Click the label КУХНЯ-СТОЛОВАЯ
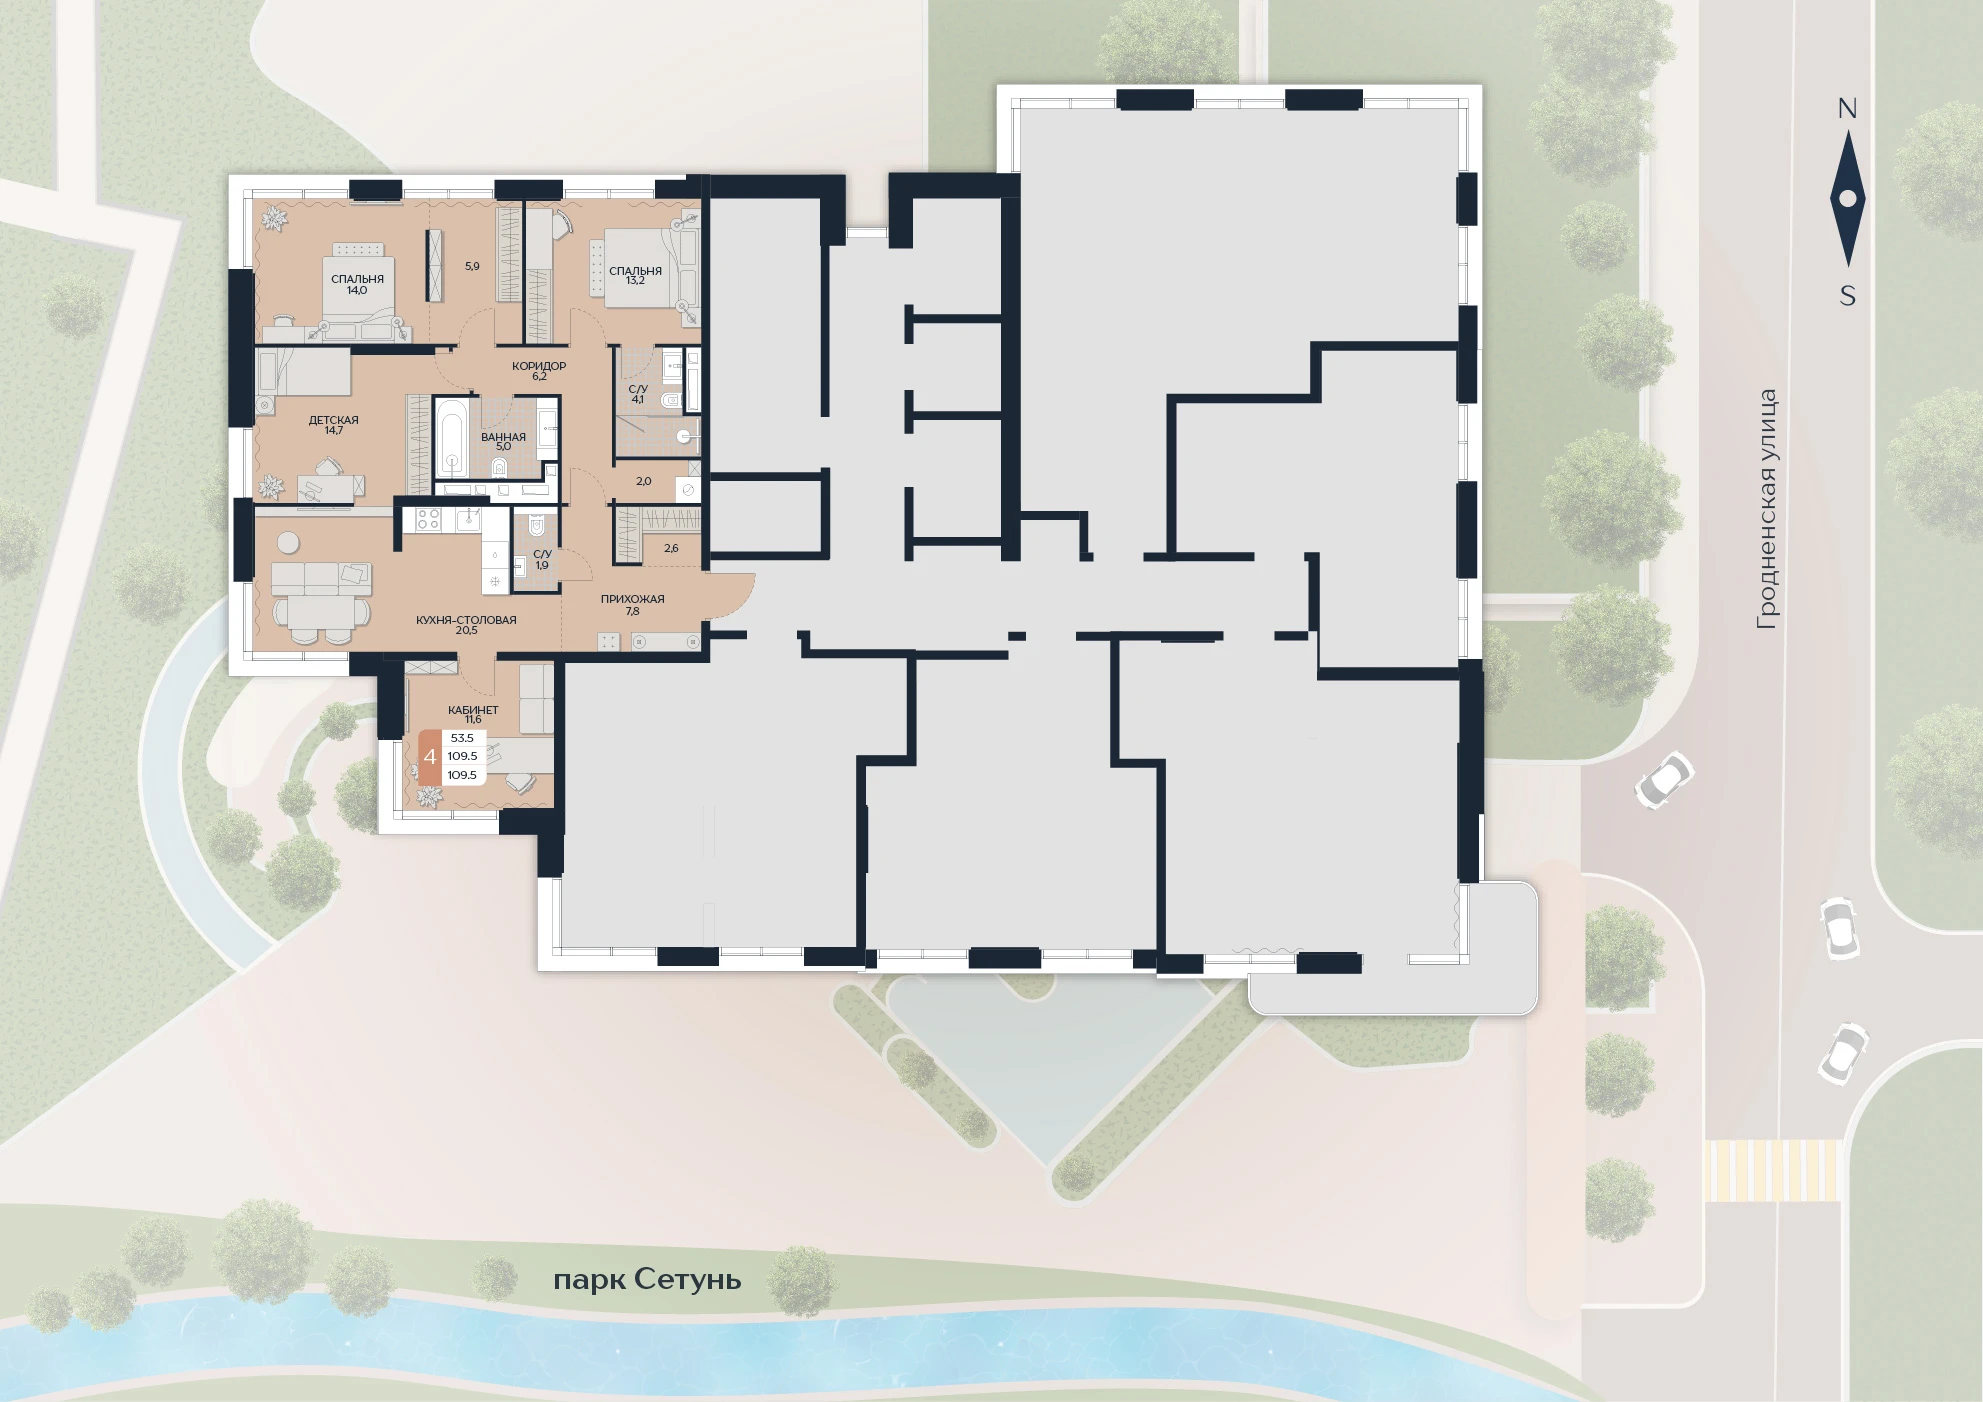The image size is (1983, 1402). [x=466, y=620]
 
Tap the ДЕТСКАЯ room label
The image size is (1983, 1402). [x=333, y=420]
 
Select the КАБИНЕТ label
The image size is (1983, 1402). [x=473, y=710]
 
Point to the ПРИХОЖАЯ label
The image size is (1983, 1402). [x=632, y=599]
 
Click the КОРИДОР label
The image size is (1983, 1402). [x=539, y=366]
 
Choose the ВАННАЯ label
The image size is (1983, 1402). [x=503, y=437]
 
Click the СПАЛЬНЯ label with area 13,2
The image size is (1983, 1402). [x=635, y=271]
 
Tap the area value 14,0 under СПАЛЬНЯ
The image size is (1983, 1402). [x=357, y=291]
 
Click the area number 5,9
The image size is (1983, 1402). [x=472, y=266]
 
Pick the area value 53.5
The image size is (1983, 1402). [x=462, y=738]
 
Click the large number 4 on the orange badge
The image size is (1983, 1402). [x=430, y=757]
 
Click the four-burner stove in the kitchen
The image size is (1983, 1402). [x=428, y=519]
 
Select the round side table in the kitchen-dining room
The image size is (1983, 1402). [x=288, y=543]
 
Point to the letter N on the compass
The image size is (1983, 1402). [x=1847, y=109]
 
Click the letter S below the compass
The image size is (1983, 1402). [x=1848, y=296]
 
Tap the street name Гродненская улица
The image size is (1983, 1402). [x=1768, y=509]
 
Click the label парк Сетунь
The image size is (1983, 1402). [x=647, y=1280]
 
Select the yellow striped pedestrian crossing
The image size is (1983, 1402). [x=1772, y=1170]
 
